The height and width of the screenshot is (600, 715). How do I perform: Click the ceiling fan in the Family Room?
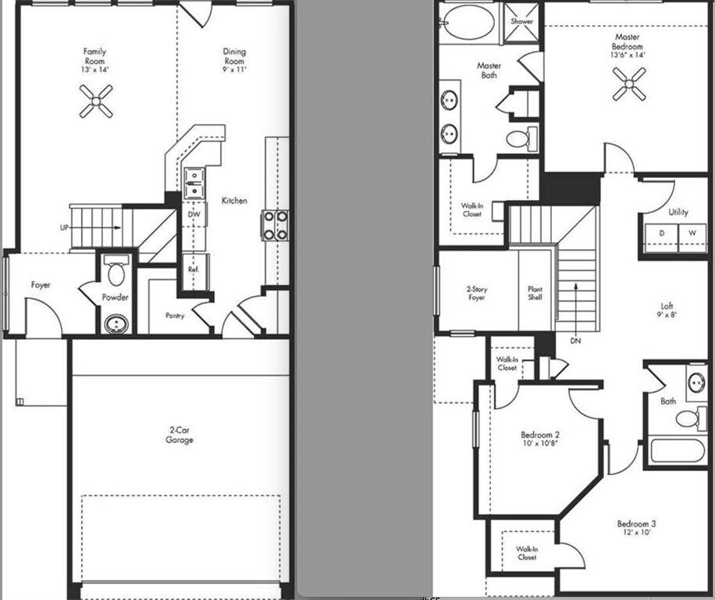[95, 101]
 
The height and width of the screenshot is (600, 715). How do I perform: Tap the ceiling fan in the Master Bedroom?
[628, 84]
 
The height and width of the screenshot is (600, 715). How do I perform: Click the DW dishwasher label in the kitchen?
[194, 213]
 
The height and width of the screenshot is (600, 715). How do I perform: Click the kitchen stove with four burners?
[275, 224]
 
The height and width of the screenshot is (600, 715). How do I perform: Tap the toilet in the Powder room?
[116, 271]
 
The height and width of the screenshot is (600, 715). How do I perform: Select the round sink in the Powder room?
[116, 323]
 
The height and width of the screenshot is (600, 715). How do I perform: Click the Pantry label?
[175, 316]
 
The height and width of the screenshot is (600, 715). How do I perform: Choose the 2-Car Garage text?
[180, 435]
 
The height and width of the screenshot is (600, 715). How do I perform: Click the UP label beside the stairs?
[64, 227]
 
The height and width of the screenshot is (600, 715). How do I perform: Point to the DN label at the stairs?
[574, 341]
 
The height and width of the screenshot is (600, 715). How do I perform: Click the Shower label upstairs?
[521, 21]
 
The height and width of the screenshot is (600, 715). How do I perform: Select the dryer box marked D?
[660, 234]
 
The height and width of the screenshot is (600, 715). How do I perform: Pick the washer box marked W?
[691, 234]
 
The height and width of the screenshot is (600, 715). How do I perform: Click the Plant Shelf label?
[535, 293]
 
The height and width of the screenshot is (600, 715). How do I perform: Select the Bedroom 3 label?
[636, 523]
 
